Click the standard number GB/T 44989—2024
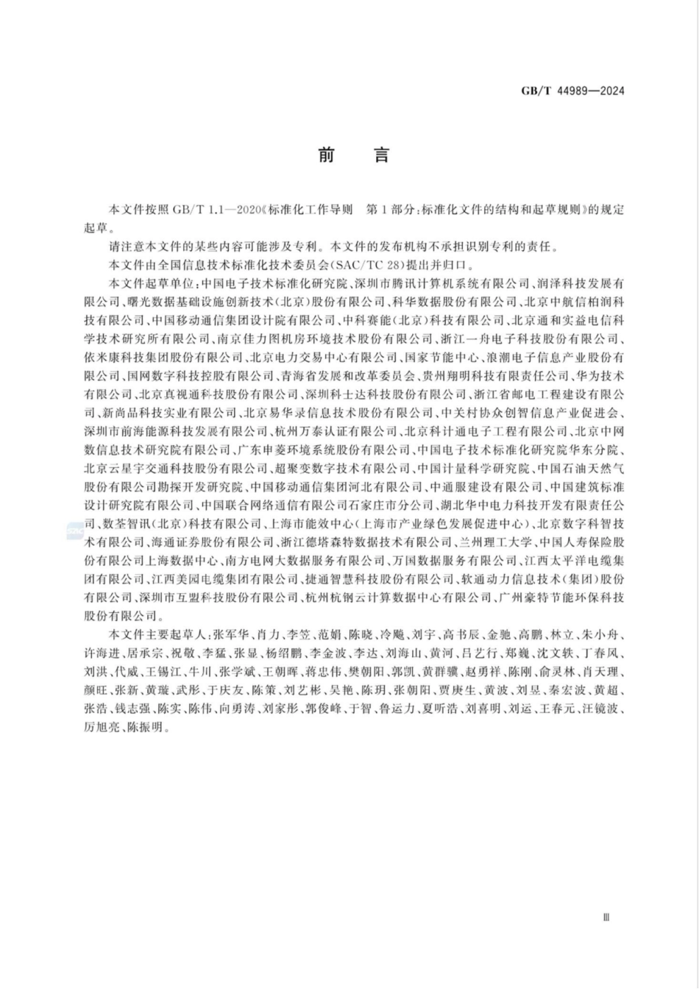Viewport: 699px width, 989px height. click(x=572, y=91)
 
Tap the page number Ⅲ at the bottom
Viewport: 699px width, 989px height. click(x=606, y=917)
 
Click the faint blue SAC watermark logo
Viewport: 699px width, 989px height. click(x=75, y=530)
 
